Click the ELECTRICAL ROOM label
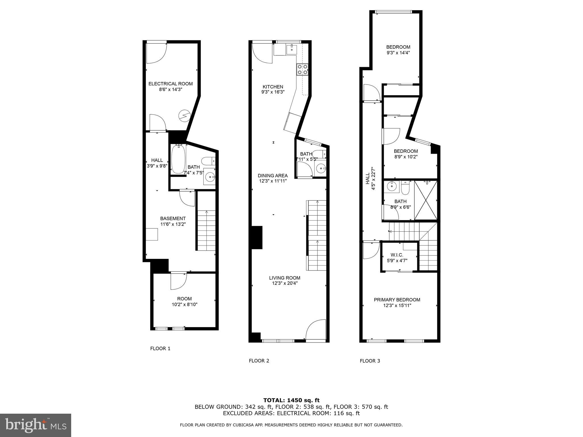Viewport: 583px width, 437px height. [x=171, y=84]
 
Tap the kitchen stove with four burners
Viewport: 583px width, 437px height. [x=302, y=69]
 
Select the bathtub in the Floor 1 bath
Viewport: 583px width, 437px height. [x=178, y=159]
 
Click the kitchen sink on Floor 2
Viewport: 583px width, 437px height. [x=292, y=50]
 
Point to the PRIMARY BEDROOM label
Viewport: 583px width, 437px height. [x=397, y=300]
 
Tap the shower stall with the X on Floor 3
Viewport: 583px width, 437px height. [x=425, y=200]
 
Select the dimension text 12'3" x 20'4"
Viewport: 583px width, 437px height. [x=285, y=283]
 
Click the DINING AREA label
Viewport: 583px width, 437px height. [x=273, y=176]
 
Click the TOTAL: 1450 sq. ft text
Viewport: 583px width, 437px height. [x=291, y=400]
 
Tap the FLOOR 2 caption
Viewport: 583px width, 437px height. [x=259, y=361]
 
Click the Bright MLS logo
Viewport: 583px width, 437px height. [x=36, y=425]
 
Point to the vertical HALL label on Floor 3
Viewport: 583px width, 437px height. [x=368, y=179]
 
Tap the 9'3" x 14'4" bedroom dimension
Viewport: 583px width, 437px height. [x=398, y=53]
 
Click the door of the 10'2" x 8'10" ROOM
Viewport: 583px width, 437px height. [x=178, y=281]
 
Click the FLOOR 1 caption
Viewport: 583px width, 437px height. [x=160, y=348]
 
